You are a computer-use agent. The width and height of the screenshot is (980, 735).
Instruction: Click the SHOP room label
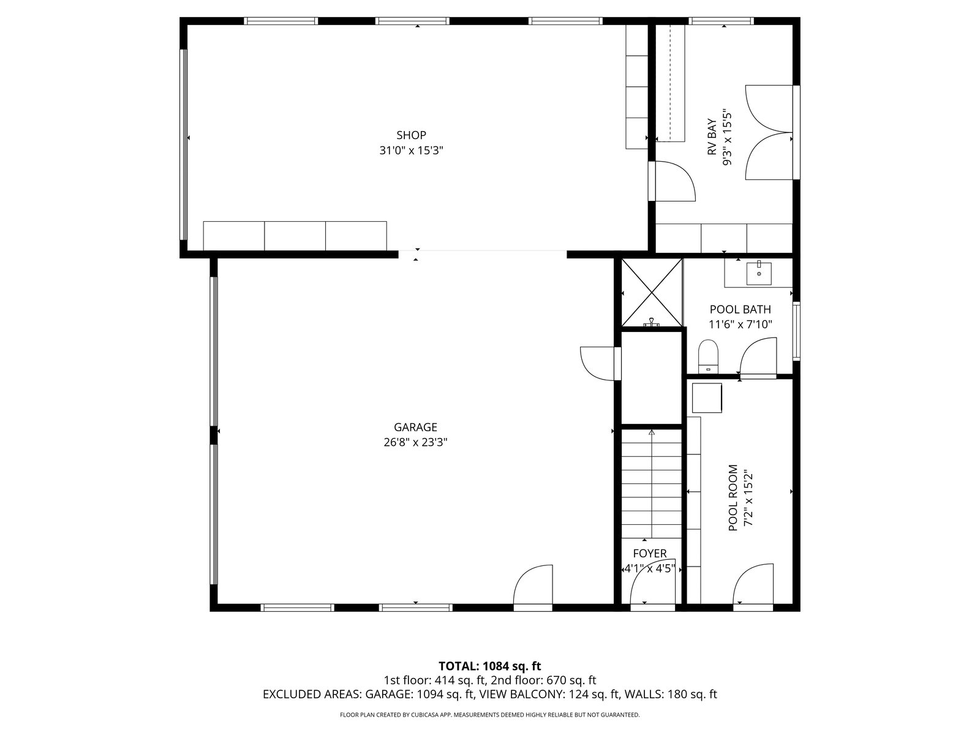411,135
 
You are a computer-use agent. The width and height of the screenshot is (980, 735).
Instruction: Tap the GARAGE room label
415,427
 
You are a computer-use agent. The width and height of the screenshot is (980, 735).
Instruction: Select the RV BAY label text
712,137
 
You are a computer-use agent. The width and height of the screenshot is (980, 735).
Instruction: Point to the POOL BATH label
741,309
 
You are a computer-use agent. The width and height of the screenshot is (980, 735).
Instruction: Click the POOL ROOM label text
733,497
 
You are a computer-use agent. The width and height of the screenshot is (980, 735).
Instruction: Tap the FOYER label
650,553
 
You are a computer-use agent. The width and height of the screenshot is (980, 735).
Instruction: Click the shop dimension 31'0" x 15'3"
411,151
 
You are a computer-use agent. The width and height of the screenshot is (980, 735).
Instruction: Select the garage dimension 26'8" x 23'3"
415,442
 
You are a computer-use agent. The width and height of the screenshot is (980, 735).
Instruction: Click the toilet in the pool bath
707,356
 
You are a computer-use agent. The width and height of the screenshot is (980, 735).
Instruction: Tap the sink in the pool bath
758,273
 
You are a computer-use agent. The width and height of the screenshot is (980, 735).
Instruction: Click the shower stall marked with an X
652,292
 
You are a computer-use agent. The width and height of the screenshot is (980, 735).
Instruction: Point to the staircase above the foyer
652,484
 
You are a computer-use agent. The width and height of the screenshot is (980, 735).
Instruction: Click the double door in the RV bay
769,132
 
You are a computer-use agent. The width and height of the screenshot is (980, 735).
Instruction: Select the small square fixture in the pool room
707,398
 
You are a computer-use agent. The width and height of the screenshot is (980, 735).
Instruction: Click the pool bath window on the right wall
796,331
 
